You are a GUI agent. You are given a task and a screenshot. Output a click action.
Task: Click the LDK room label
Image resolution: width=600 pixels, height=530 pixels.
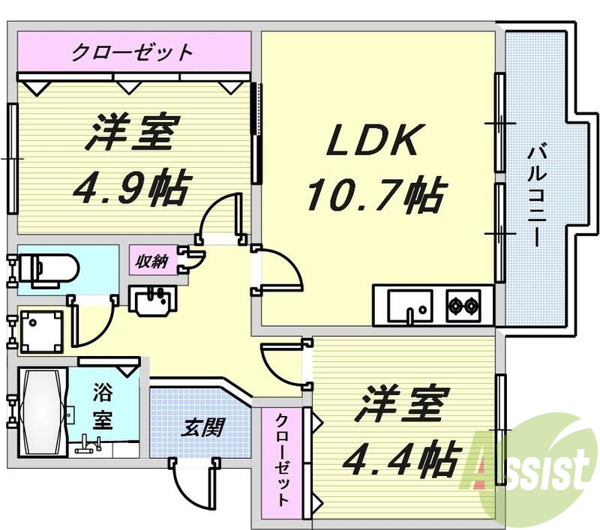pos(372,140)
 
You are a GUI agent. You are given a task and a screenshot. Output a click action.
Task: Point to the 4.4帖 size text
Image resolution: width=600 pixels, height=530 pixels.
pos(400,458)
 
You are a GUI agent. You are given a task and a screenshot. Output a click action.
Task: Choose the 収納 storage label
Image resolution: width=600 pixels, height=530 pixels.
pos(152,261)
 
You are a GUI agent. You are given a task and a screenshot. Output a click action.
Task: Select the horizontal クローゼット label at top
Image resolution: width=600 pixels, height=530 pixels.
pos(133,52)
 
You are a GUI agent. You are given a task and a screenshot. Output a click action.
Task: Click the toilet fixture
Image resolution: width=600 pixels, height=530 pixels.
pos(46,268)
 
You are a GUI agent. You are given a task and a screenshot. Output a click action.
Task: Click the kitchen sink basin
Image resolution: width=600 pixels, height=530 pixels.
pos(409,305)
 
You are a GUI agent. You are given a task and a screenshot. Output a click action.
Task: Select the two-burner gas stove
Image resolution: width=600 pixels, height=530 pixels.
pos(463,305)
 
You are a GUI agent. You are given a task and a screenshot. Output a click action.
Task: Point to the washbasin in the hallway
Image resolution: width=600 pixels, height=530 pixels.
pos(154,302)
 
